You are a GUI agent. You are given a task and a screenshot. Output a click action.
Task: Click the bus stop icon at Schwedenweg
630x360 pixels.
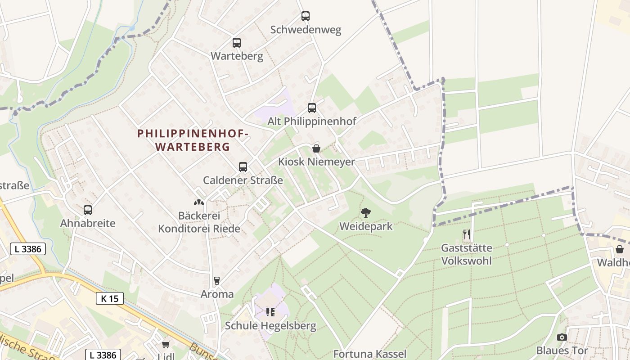(306, 16)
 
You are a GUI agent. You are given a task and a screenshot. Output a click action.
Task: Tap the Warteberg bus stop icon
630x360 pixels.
(237, 43)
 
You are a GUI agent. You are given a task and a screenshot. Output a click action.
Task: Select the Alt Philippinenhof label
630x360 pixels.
(312, 121)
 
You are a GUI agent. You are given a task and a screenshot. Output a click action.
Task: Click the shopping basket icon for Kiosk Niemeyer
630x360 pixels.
(316, 148)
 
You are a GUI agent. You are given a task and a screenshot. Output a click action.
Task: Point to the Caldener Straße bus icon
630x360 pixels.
(243, 167)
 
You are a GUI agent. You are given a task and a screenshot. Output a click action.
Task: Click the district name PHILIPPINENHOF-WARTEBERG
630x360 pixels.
(193, 140)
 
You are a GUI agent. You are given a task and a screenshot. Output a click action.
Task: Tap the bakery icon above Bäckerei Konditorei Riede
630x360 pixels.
(198, 203)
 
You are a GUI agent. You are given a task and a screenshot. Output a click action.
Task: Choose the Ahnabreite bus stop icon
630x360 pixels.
(88, 210)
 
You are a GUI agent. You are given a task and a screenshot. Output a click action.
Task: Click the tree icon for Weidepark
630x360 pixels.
(366, 213)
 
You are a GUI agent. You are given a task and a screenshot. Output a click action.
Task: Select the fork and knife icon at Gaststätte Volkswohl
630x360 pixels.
(467, 234)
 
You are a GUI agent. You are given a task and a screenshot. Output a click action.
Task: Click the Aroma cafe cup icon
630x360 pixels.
(217, 281)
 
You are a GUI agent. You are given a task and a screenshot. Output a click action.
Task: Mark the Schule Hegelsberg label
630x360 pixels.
(270, 326)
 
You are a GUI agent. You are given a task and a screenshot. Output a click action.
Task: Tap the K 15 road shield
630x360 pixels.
(109, 298)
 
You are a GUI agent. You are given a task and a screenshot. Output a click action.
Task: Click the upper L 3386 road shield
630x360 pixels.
(28, 249)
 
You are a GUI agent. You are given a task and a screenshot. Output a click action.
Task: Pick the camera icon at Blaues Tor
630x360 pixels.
(562, 337)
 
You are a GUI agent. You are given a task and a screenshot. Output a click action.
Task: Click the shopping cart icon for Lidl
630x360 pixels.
(166, 344)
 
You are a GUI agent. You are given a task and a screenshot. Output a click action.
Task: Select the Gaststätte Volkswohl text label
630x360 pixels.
(467, 254)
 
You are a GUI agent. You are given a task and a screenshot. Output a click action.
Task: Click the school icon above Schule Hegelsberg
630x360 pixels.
(270, 312)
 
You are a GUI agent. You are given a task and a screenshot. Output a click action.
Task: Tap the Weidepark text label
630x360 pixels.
(366, 226)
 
